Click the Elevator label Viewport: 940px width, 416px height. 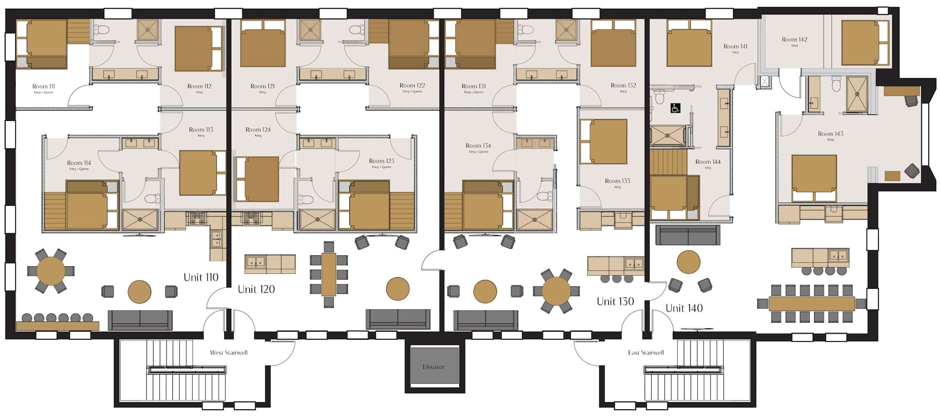click(433, 367)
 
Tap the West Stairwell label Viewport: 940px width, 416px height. click(228, 352)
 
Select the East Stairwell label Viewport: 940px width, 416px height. click(646, 352)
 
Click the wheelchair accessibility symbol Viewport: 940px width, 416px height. click(675, 108)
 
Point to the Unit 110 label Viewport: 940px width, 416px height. click(201, 277)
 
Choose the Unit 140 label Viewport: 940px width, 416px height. click(684, 308)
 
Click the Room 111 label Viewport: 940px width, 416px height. click(43, 86)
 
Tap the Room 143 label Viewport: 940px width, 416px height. click(830, 134)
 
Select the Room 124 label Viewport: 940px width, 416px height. click(258, 130)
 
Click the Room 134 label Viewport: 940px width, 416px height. click(478, 146)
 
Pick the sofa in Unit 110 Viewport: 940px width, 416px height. click(140, 320)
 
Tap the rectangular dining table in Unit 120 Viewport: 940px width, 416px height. click(328, 275)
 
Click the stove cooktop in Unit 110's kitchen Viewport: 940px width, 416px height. click(197, 218)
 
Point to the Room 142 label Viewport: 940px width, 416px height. click(794, 39)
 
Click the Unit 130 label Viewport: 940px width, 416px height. click(615, 301)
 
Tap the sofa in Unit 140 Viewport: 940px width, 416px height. click(688, 234)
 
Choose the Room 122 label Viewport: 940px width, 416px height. click(412, 85)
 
